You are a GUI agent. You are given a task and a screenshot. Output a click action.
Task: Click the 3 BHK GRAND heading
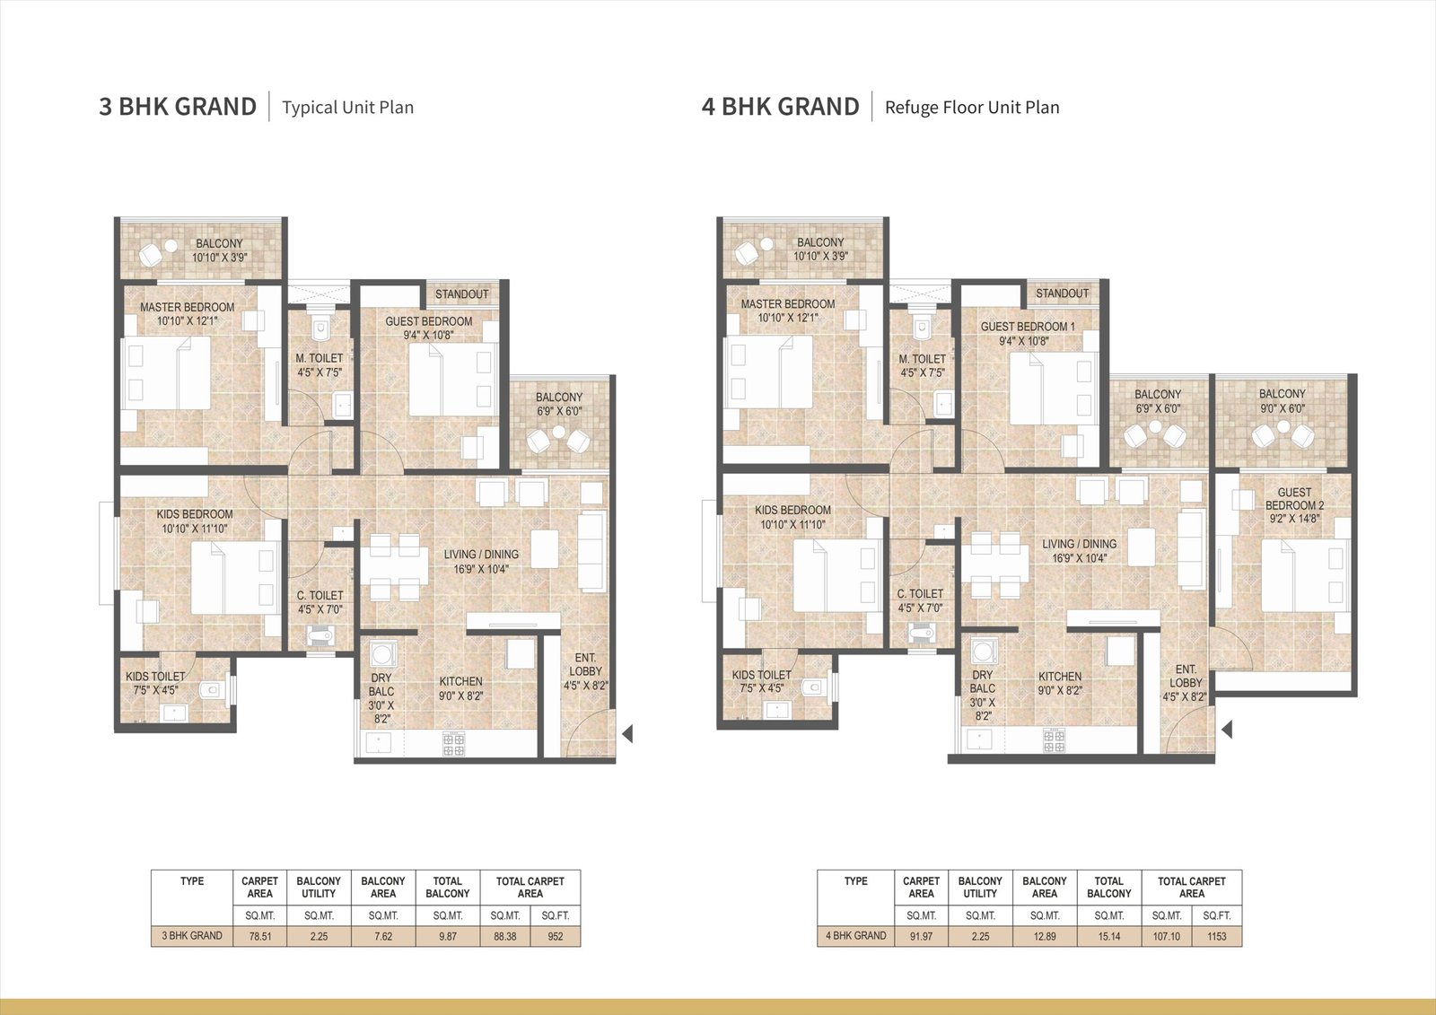point(178,107)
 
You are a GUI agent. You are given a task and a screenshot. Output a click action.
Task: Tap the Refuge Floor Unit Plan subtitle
point(972,107)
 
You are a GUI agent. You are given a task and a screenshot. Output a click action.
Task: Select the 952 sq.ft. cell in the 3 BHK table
point(556,936)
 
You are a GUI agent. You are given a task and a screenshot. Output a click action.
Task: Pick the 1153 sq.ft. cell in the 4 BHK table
point(1217,936)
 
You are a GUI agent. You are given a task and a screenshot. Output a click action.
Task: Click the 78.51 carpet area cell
point(259,936)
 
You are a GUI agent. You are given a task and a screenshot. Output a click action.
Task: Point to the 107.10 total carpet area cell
point(1166,936)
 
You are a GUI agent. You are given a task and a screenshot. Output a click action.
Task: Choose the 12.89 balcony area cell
point(1045,936)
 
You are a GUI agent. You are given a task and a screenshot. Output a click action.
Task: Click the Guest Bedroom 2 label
point(1294,505)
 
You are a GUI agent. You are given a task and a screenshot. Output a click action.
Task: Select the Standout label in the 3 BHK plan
point(461,294)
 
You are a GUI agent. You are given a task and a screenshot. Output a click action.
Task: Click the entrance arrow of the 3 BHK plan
point(628,733)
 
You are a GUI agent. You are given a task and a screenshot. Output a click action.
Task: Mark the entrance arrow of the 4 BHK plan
point(1227,730)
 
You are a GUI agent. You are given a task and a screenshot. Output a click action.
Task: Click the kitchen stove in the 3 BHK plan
point(454,744)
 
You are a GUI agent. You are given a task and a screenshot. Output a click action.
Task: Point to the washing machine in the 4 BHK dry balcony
point(982,652)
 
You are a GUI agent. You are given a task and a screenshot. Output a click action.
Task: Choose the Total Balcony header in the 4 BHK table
point(1109,888)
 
